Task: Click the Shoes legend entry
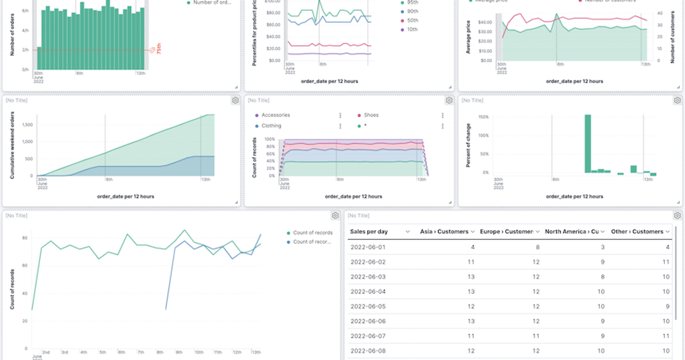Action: click(x=371, y=115)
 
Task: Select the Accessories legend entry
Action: click(x=275, y=115)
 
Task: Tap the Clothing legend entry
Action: click(x=271, y=126)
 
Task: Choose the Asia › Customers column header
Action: click(x=444, y=231)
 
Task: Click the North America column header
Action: click(x=571, y=231)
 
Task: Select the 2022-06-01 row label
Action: click(x=368, y=247)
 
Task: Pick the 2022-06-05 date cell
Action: click(x=368, y=306)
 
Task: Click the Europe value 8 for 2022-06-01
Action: click(x=535, y=247)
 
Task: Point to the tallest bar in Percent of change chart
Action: click(x=587, y=143)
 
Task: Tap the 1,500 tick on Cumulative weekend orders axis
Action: click(x=26, y=125)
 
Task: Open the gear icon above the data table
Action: click(x=677, y=215)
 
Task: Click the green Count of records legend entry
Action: click(x=312, y=233)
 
